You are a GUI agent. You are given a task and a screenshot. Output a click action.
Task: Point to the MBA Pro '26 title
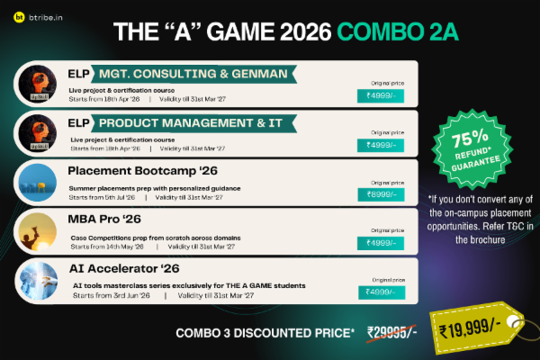pos(106,220)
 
